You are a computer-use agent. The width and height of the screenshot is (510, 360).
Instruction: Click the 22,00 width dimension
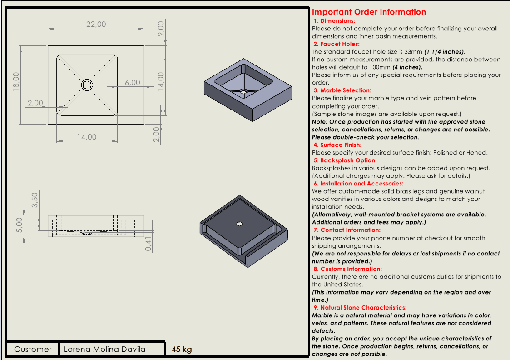click(x=96, y=24)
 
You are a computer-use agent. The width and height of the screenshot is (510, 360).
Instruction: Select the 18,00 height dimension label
click(x=16, y=82)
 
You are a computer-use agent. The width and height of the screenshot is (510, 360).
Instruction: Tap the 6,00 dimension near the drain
click(x=133, y=83)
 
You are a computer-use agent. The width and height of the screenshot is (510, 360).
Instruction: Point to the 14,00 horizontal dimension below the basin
click(x=86, y=137)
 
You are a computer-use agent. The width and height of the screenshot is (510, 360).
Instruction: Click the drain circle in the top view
click(x=87, y=85)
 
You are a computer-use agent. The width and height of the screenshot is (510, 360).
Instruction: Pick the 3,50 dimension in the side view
click(x=35, y=200)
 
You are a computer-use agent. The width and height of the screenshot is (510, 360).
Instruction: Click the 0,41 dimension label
click(x=148, y=243)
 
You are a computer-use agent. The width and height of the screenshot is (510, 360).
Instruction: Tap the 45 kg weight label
click(x=182, y=349)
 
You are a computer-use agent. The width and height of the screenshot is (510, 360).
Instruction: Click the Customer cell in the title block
click(x=33, y=349)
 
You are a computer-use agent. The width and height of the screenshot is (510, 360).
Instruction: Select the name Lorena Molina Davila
click(x=105, y=349)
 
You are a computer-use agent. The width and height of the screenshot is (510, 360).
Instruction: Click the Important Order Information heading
click(x=369, y=12)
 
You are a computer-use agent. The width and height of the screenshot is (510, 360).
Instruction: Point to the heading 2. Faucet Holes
click(x=336, y=44)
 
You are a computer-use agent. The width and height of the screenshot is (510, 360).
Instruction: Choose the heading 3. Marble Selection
click(x=342, y=90)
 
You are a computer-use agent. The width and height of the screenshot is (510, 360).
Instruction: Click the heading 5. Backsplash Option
click(x=345, y=160)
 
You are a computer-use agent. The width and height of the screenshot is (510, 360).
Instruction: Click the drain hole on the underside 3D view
click(x=239, y=224)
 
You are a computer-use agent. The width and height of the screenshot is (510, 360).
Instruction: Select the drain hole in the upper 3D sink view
click(x=244, y=91)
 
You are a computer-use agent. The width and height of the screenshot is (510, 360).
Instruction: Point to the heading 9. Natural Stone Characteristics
click(x=360, y=308)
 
